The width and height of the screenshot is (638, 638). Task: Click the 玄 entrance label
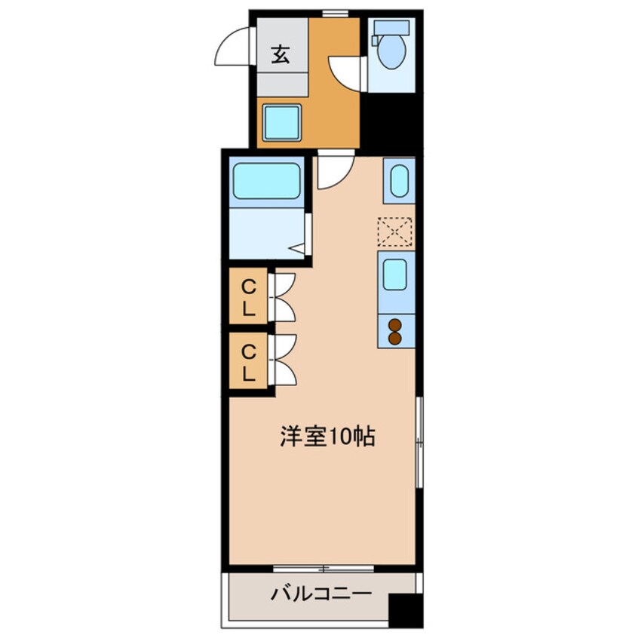point(281,54)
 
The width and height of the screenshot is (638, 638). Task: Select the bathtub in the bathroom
point(266,181)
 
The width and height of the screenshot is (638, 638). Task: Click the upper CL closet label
point(248,296)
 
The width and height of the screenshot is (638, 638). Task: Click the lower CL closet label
point(248,361)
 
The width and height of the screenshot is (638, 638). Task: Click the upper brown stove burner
point(395,326)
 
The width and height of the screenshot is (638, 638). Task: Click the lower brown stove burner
point(395,339)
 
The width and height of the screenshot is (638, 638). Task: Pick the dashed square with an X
point(395,232)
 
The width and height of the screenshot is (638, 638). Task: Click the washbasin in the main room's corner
point(399,181)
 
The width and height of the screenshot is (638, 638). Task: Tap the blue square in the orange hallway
point(282,122)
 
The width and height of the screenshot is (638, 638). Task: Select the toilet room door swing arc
point(348,72)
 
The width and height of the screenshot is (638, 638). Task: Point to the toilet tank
point(392,28)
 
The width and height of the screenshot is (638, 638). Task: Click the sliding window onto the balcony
point(324,568)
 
